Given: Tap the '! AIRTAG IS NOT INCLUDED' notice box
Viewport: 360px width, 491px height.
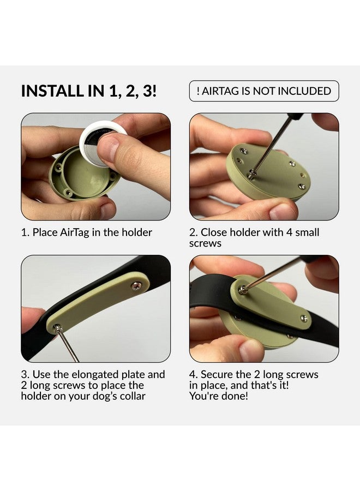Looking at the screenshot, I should click(x=264, y=91).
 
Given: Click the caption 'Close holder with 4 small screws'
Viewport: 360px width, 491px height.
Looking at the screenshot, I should click(x=254, y=237).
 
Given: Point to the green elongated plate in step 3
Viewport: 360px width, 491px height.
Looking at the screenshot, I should click(x=98, y=303).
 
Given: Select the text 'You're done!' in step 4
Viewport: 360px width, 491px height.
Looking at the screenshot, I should click(x=219, y=396).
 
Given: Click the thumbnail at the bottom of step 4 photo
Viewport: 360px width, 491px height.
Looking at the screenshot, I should click(x=251, y=350).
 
